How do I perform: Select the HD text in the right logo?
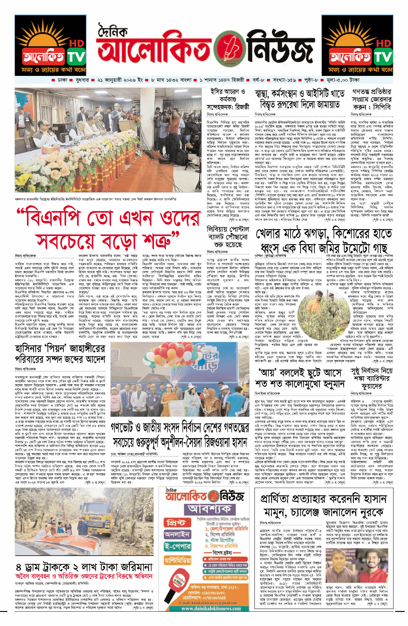click(384, 43)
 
